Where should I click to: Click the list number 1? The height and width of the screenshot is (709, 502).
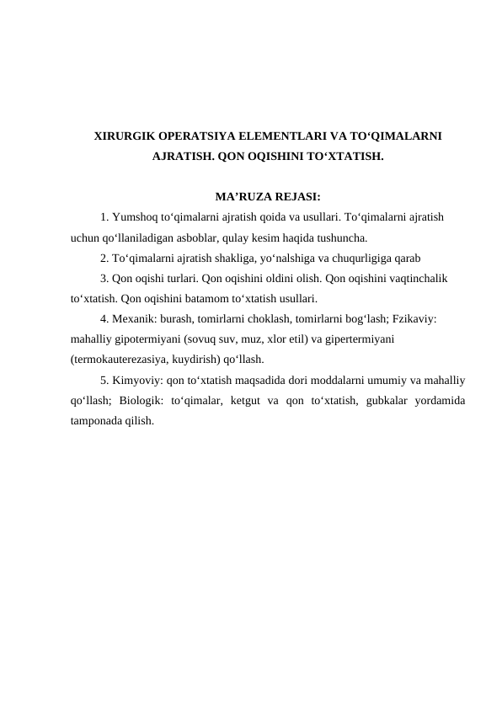[103, 218]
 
